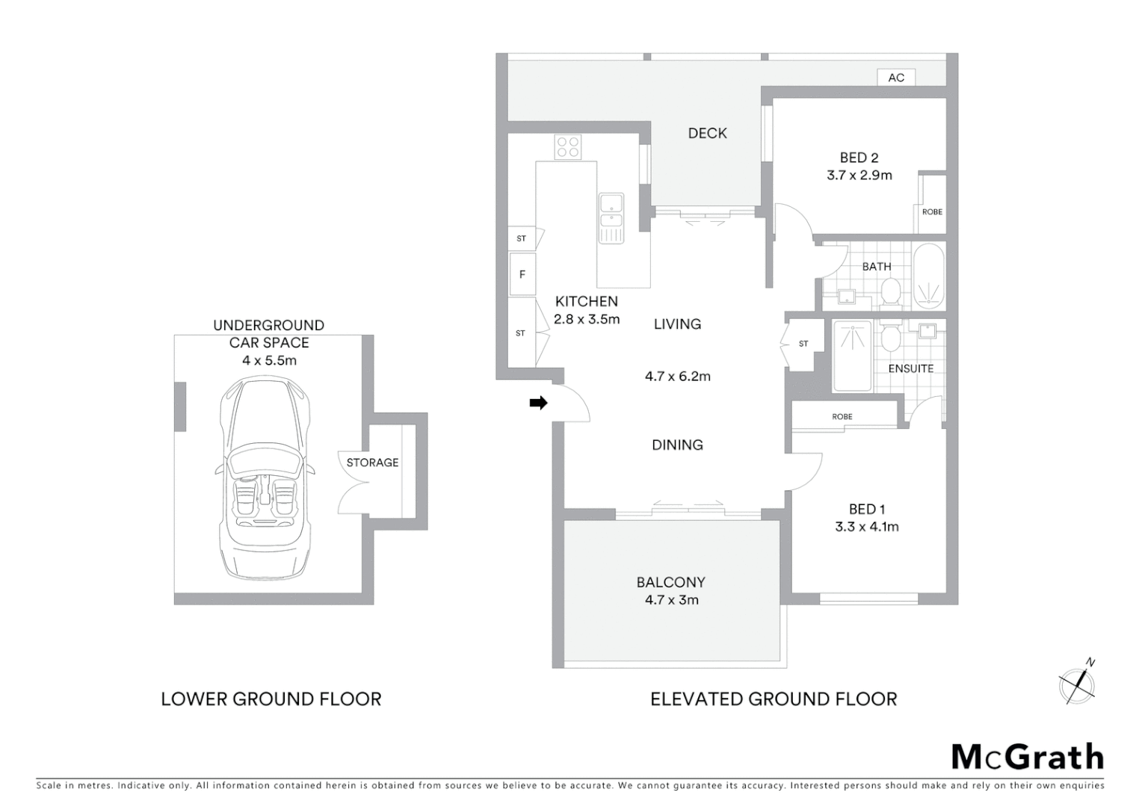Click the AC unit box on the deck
point(896,77)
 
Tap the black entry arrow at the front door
point(538,403)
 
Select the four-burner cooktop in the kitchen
point(567,146)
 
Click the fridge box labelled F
point(522,274)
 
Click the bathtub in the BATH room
point(929,276)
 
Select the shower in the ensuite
point(852,356)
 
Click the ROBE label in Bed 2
point(931,211)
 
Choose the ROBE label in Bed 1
point(842,416)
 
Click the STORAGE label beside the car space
point(372,463)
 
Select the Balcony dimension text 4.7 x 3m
point(671,599)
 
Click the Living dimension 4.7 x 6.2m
point(677,376)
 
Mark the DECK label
point(707,133)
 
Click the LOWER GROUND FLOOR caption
point(271,699)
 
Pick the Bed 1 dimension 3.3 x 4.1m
point(866,526)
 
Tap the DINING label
point(677,445)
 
